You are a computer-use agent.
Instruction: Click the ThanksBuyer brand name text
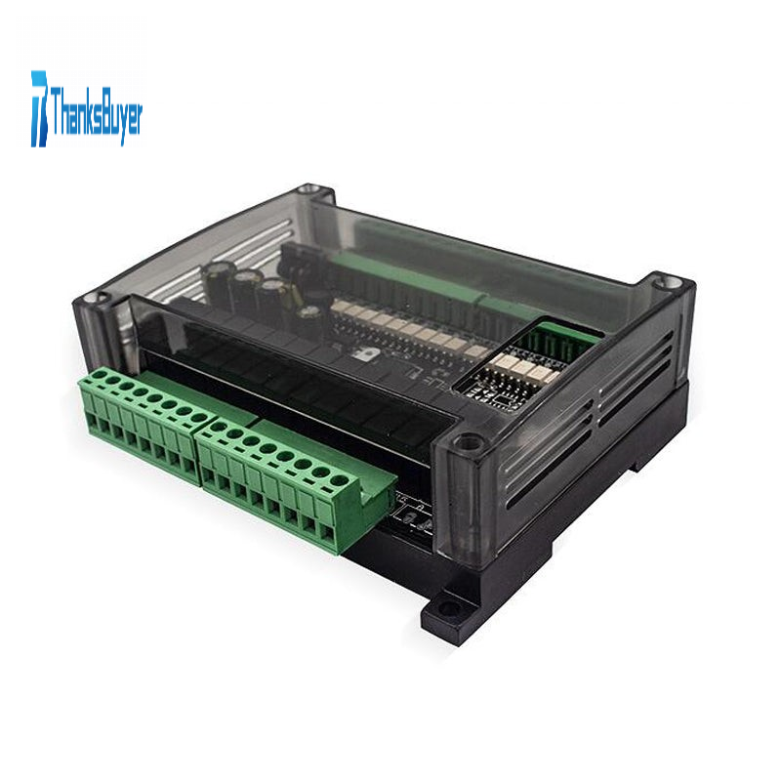pos(96,110)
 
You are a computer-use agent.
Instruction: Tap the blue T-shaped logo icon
pos(39,108)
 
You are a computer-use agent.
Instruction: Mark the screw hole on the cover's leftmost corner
pos(93,298)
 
